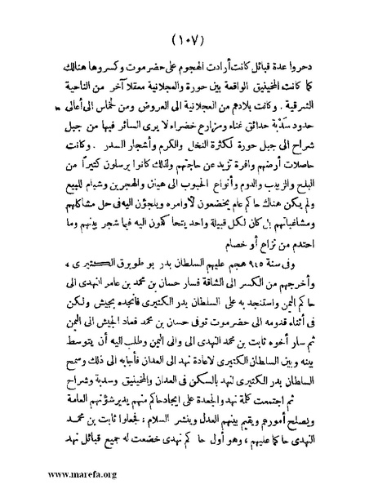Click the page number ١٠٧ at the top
point(191,39)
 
